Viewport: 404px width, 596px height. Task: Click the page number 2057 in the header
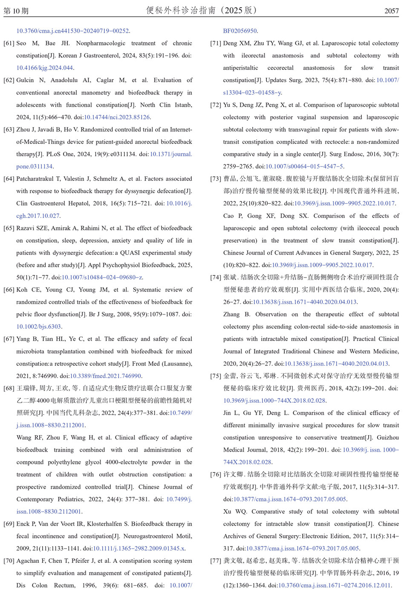(x=391, y=11)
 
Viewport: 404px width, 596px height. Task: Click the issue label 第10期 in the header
(x=16, y=11)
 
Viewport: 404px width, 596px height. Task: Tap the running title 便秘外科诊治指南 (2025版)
(x=202, y=10)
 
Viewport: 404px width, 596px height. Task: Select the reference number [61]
(x=9, y=43)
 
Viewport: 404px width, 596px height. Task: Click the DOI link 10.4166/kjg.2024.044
(x=45, y=68)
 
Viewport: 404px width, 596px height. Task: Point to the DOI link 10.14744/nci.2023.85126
(x=117, y=117)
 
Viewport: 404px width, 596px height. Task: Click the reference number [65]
(x=9, y=228)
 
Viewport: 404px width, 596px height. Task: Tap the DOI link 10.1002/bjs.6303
(x=39, y=327)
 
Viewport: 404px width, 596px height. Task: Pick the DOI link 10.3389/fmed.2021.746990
(x=105, y=376)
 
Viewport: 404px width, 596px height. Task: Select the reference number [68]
(x=9, y=388)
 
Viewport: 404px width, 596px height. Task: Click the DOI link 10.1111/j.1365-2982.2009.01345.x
(x=139, y=548)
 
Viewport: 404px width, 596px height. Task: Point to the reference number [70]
(x=9, y=561)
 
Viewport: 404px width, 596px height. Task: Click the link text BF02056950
(x=240, y=31)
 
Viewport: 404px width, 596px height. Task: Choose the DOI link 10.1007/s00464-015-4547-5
(x=304, y=166)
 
